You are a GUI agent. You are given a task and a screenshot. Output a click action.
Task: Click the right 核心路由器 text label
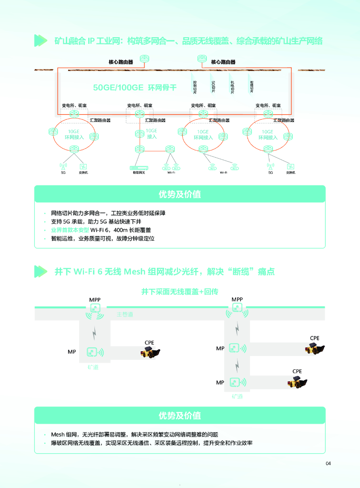click(x=223, y=62)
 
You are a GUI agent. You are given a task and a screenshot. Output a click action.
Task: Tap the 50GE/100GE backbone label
click(x=135, y=88)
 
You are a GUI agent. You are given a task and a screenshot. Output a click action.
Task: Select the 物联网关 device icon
click(x=140, y=167)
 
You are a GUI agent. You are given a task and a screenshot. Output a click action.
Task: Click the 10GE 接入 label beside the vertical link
click(x=152, y=133)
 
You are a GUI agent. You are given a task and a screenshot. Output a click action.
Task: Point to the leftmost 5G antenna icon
click(x=63, y=167)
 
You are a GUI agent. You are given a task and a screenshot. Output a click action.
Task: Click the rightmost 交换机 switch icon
click(x=291, y=167)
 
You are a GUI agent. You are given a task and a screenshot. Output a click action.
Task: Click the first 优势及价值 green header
click(x=180, y=194)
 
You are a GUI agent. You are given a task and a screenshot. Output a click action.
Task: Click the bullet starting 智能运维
click(x=103, y=238)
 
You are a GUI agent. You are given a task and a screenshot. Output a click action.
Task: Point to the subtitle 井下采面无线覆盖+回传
click(x=180, y=291)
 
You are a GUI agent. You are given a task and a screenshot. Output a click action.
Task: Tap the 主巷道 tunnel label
click(x=124, y=315)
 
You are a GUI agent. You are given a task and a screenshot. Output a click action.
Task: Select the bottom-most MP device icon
click(x=234, y=382)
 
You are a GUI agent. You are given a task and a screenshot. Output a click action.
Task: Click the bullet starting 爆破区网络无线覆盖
click(x=152, y=443)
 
